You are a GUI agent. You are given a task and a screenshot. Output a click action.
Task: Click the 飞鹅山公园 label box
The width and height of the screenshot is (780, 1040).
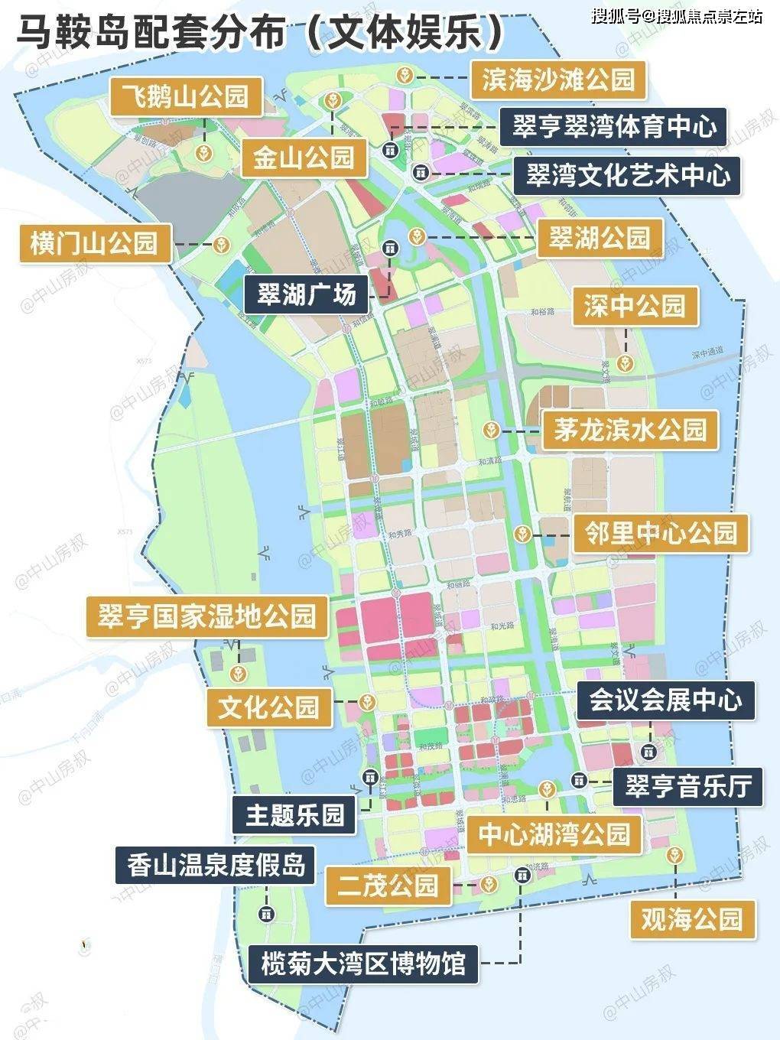187,96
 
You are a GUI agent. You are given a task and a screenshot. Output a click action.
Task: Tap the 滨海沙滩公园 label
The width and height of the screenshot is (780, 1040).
557,80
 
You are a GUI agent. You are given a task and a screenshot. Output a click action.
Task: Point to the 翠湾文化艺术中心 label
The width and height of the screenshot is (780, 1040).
627,176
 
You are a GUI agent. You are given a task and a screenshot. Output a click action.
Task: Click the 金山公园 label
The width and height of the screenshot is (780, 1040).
304,158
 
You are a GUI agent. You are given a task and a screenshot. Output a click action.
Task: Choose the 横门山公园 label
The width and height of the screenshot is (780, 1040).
93,243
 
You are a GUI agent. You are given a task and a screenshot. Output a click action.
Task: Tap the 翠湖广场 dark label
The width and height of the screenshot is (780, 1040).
306,294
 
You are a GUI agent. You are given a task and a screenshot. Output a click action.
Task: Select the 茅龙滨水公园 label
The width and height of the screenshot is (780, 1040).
630,430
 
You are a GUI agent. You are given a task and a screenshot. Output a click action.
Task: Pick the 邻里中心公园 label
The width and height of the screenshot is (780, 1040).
661,532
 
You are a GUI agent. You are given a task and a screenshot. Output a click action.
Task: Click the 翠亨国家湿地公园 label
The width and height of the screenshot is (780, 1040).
206,616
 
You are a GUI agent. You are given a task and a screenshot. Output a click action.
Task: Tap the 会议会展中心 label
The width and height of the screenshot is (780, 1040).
665,700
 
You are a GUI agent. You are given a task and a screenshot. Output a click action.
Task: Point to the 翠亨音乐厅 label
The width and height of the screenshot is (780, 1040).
687,786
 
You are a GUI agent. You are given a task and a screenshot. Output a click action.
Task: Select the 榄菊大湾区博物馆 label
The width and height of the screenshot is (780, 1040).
363,963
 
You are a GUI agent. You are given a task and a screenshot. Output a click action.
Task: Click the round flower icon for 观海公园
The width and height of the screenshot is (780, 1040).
674,854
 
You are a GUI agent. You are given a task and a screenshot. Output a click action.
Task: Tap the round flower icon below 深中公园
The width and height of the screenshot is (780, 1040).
626,362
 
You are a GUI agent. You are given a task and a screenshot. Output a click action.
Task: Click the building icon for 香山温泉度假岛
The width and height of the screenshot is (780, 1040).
266,913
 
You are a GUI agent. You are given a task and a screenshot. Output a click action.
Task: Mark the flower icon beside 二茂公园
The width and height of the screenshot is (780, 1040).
487,885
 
